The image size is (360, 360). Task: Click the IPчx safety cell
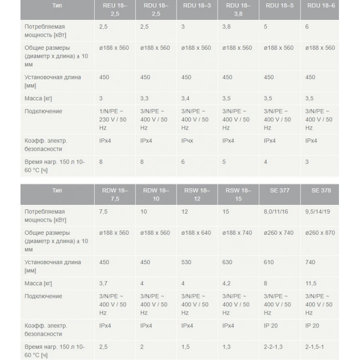tap(187, 141)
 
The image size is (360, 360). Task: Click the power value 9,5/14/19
tap(320, 211)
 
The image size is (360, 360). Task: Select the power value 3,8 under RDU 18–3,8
tap(227, 27)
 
